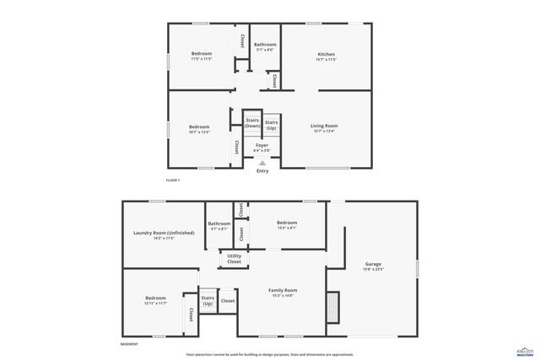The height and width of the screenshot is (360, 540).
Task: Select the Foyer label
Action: [x=262, y=147]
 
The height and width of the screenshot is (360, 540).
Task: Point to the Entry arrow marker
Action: [x=262, y=163]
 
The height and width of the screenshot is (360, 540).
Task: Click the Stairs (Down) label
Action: [x=252, y=122]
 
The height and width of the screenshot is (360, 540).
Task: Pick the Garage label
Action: [x=373, y=266]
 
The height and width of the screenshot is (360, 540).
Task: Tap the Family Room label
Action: [x=283, y=292]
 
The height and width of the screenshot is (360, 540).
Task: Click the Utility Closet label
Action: [x=234, y=259]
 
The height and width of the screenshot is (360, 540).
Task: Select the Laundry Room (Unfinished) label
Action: [x=164, y=234]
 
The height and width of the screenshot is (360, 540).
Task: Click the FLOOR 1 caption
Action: [x=173, y=180]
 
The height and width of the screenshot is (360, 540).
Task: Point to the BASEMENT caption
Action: [x=129, y=344]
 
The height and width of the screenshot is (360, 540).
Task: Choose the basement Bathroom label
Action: [x=219, y=225]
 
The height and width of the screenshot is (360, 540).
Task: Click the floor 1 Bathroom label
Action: [x=265, y=46]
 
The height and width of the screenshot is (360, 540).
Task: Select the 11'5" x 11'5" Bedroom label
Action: [x=201, y=56]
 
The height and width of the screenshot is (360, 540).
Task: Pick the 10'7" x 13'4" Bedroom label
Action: [x=199, y=128]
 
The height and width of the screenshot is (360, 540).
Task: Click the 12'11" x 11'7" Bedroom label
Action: [x=155, y=299]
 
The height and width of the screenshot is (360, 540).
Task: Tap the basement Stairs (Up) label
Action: [x=208, y=300]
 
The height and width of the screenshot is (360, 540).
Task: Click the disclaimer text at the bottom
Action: [x=270, y=354]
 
